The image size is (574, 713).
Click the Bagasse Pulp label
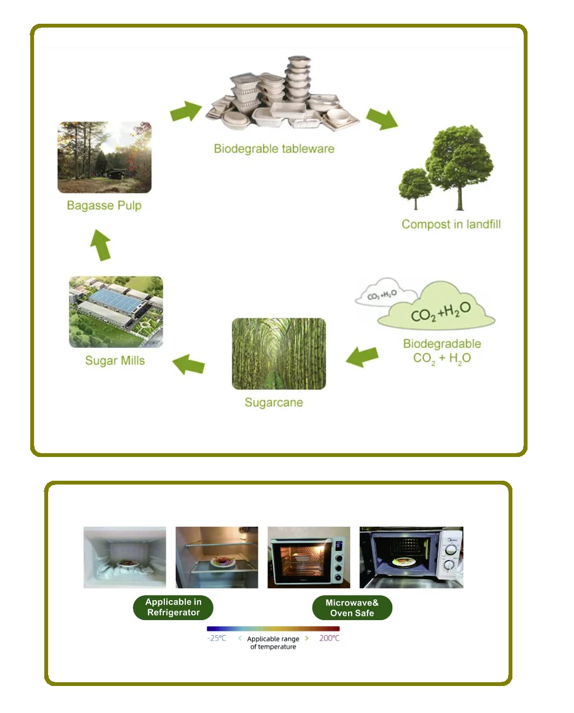tap(104, 205)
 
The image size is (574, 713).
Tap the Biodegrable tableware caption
tap(274, 149)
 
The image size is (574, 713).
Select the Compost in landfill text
tap(451, 224)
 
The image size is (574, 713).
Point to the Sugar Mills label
tap(115, 360)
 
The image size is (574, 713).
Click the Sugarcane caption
tap(273, 402)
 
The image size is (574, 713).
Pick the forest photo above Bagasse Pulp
tap(104, 157)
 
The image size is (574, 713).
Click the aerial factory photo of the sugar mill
tap(116, 312)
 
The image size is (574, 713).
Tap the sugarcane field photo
tap(278, 353)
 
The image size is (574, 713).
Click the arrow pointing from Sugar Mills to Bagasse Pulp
tap(101, 245)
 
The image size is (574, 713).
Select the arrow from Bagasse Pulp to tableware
tap(186, 111)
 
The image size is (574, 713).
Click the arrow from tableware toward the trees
tap(382, 119)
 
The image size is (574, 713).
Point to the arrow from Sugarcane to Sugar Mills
tap(188, 365)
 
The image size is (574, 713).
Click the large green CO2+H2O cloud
tap(436, 306)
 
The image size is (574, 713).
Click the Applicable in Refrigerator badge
tap(173, 607)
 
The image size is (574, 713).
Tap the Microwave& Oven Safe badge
tap(352, 608)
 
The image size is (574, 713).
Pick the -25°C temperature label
tap(217, 638)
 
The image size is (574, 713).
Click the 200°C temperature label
tap(329, 638)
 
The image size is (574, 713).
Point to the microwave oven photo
tap(411, 557)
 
